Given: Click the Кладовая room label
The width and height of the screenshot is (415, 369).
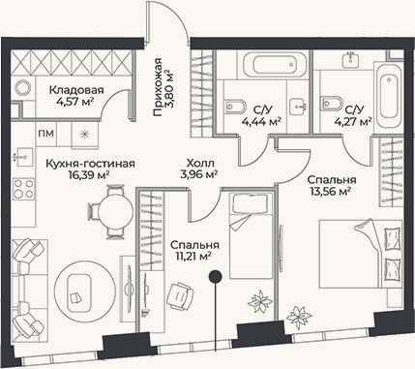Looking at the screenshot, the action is coord(76,90).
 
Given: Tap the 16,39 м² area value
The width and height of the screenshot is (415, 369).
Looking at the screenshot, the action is coord(88,174).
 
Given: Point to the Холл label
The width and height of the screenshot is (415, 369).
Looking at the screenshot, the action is coord(200,164).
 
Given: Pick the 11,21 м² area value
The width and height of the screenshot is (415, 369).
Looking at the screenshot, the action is coord(193,257).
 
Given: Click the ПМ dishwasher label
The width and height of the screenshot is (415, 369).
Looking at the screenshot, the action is coord(46,134).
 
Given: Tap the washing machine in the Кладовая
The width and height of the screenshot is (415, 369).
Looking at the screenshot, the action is coord(23,88).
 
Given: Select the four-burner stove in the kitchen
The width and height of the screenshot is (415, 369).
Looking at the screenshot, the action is coord(23,189).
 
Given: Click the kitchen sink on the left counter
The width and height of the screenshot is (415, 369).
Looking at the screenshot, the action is coord(23,157).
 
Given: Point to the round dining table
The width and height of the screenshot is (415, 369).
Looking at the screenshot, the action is coord(115,211).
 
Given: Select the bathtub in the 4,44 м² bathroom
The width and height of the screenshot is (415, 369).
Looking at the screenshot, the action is coord(275,65).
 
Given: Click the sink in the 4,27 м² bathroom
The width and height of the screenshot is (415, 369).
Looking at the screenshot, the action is coord(351,59).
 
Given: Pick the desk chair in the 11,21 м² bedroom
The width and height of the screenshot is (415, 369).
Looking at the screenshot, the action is coord(180,297).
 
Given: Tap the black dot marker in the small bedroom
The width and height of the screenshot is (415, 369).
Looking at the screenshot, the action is coord(215,276).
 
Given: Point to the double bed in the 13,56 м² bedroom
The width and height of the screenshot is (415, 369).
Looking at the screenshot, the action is coord(361,254).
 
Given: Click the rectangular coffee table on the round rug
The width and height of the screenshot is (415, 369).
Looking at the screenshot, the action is coord(79,289).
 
